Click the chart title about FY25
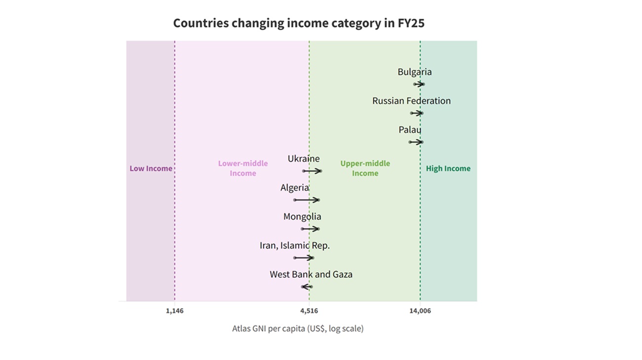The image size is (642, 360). tap(299, 23)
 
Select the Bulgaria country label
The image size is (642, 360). tap(414, 72)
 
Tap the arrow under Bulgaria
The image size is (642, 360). tap(419, 84)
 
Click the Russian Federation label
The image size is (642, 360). tap(411, 101)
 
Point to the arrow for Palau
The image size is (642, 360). tap(416, 142)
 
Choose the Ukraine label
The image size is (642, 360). tap(304, 159)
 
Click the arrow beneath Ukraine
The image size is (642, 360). tap(312, 171)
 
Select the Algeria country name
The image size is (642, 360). tap(295, 188)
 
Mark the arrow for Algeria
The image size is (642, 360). tap(307, 200)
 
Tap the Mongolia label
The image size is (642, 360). tap(302, 217)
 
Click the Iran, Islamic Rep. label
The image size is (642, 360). tap(295, 245)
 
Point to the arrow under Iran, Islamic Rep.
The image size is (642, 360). tap(304, 258)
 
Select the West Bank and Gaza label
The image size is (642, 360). tap(311, 275)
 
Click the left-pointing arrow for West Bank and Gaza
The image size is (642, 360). tap(307, 287)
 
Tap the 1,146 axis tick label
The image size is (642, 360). tap(175, 311)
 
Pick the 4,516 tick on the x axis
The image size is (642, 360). tap(309, 311)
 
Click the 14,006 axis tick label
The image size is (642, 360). tap(420, 311)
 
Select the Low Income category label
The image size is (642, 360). tap(151, 168)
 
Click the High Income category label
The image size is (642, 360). tap(448, 168)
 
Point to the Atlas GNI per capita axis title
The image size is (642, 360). tap(298, 328)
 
